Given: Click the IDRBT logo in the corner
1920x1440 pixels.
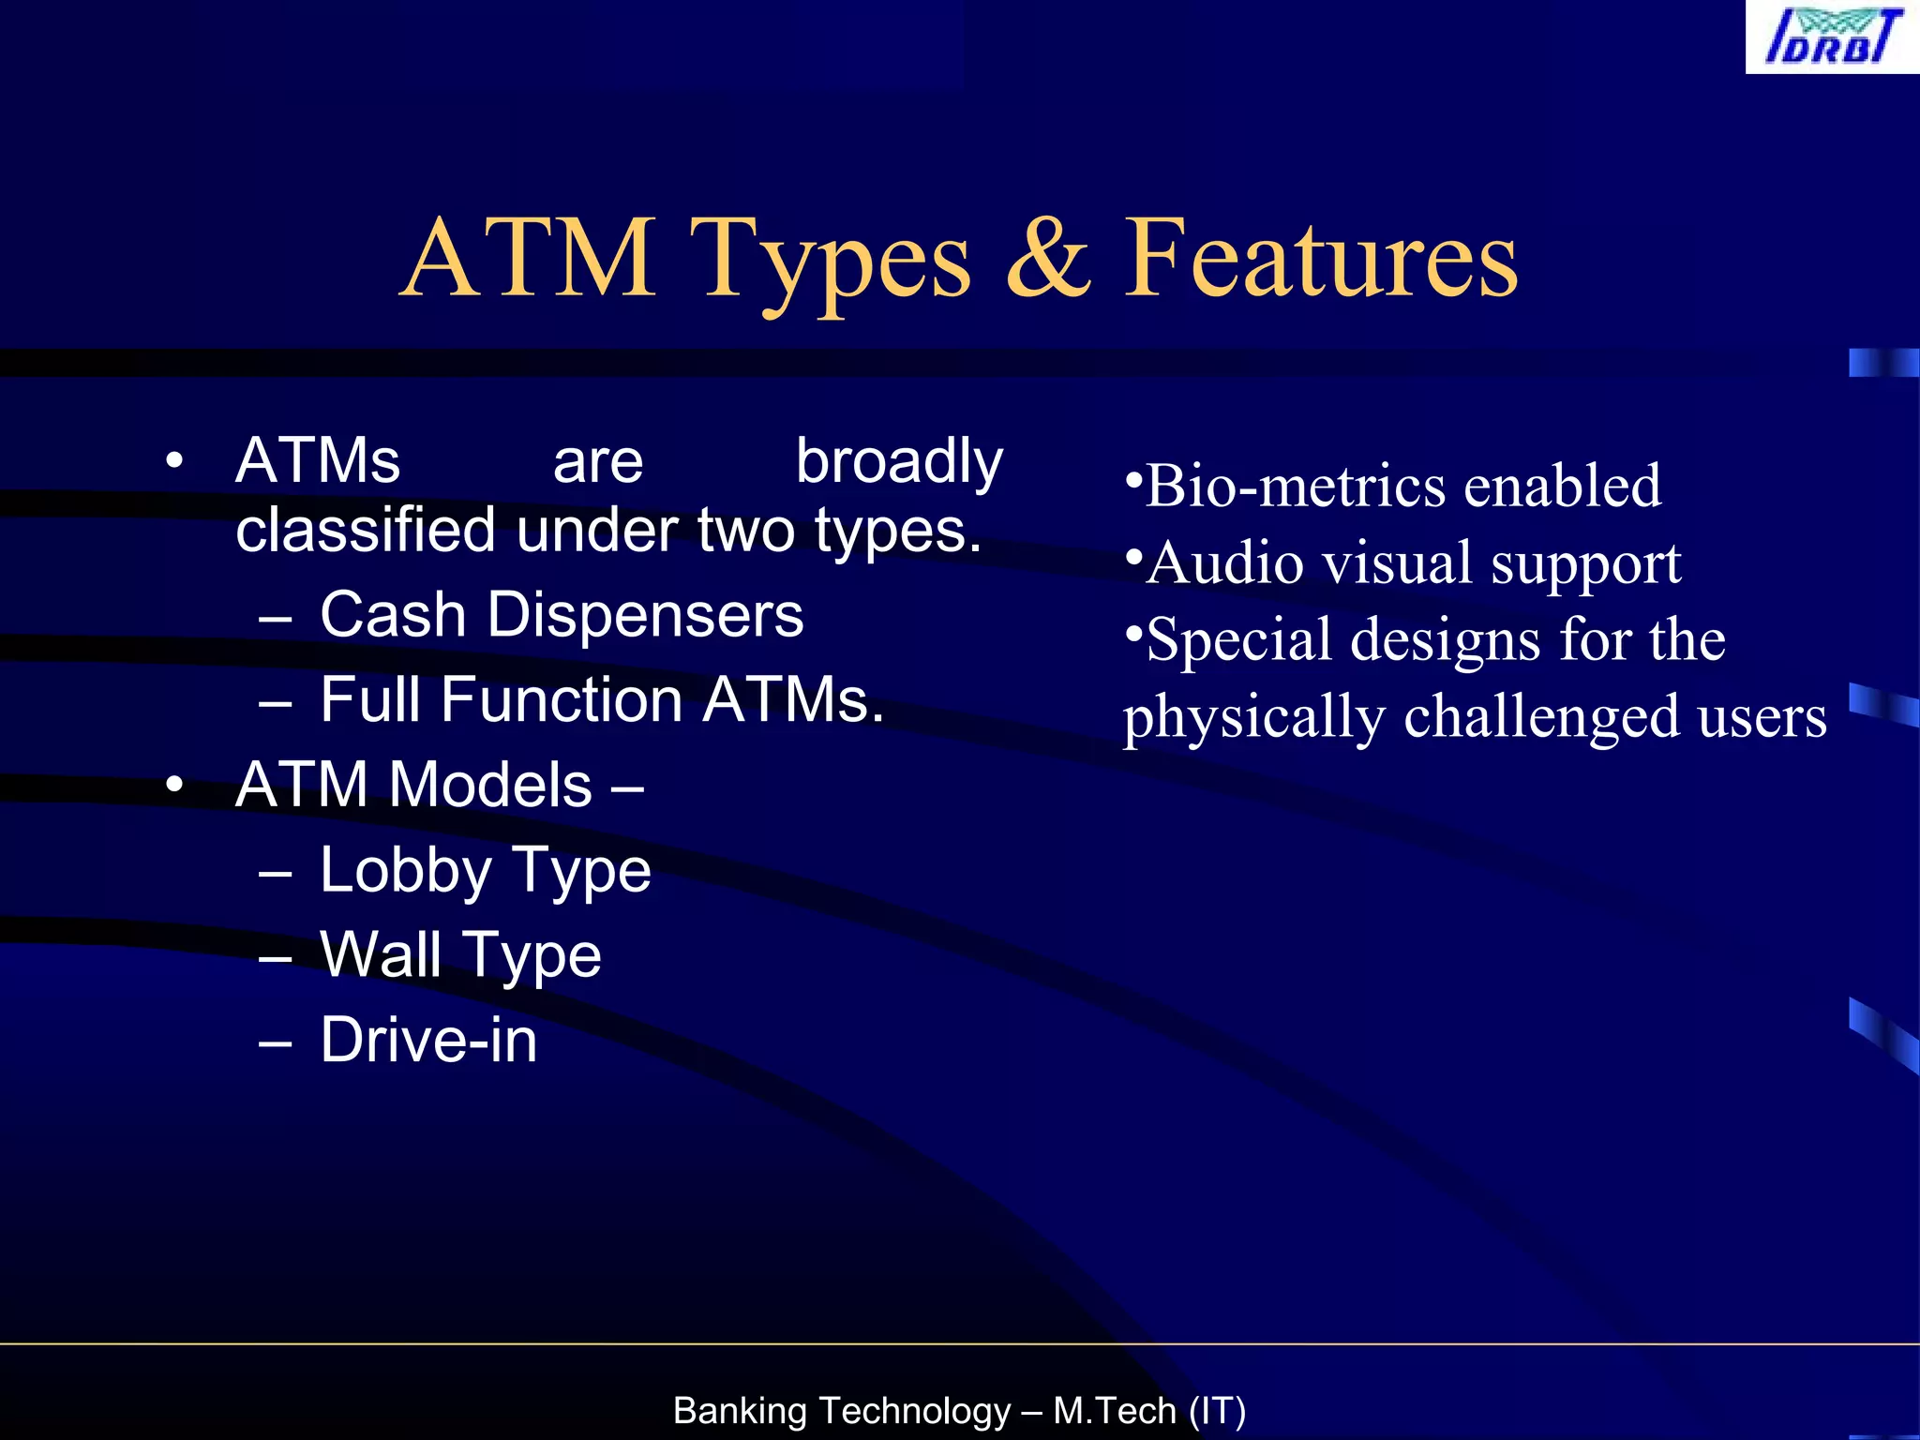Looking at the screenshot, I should coord(1832,37).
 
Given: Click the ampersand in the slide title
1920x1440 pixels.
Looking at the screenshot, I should coord(1047,257).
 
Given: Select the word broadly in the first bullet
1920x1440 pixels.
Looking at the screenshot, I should coord(899,462).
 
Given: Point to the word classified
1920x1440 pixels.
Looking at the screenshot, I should coord(365,530).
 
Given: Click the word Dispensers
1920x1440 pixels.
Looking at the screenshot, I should coord(645,615).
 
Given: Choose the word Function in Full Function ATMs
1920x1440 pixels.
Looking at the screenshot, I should coord(562,699).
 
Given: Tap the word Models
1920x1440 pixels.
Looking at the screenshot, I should coord(490,785).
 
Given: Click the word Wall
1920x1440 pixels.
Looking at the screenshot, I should coord(381,954).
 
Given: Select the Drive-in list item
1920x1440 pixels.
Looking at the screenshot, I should coord(428,1040).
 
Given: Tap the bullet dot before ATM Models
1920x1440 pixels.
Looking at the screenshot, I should coord(173,786).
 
